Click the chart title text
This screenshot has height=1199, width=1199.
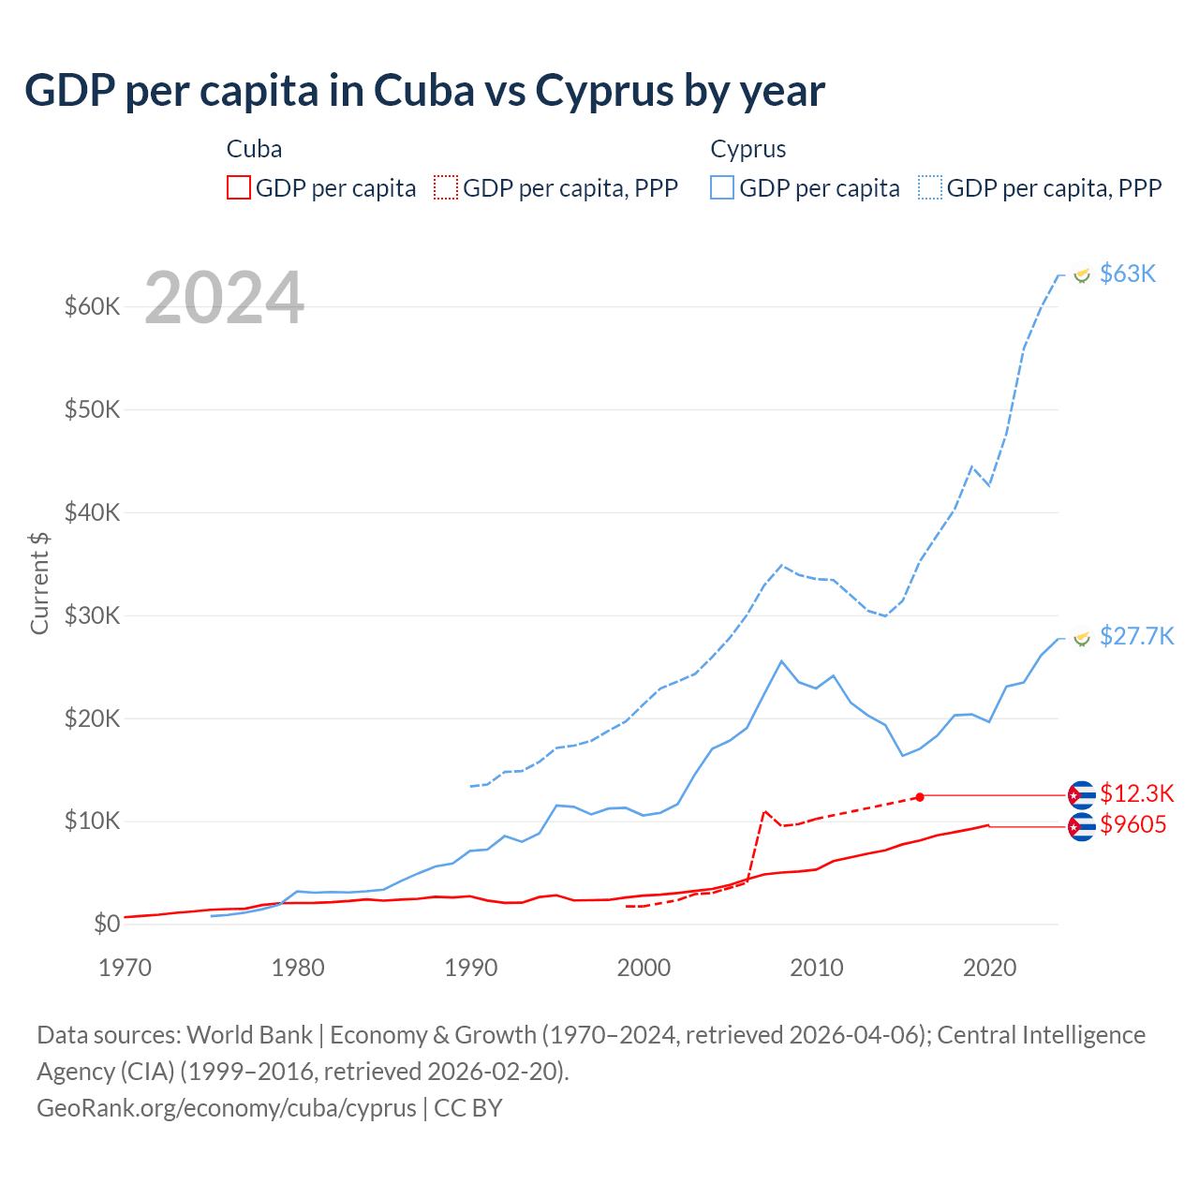(x=424, y=91)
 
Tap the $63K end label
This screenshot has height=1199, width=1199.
(x=1128, y=274)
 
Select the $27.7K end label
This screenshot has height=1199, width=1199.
(x=1136, y=637)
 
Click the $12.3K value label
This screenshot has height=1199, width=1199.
(x=1136, y=794)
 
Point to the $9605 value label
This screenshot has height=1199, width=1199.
(x=1132, y=825)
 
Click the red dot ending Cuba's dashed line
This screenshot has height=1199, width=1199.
(x=920, y=796)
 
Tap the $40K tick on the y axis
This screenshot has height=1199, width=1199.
(x=93, y=512)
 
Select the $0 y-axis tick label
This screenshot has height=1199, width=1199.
(x=107, y=925)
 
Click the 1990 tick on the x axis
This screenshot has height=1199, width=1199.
(x=471, y=968)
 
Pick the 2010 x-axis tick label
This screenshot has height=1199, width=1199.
(x=817, y=968)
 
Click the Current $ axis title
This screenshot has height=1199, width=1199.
(x=39, y=583)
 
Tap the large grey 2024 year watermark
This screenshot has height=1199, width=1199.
(x=225, y=298)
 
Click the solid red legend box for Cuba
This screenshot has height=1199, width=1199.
(x=239, y=188)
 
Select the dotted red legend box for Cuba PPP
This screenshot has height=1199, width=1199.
(x=446, y=188)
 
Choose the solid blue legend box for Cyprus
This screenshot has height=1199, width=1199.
(x=722, y=188)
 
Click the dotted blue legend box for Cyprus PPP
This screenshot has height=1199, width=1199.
(x=930, y=188)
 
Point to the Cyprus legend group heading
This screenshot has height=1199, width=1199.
(x=748, y=149)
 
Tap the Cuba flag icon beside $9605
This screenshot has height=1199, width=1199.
(x=1082, y=827)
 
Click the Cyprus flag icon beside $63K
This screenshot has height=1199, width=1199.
(x=1082, y=274)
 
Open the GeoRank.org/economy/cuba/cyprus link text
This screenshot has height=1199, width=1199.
(x=227, y=1108)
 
